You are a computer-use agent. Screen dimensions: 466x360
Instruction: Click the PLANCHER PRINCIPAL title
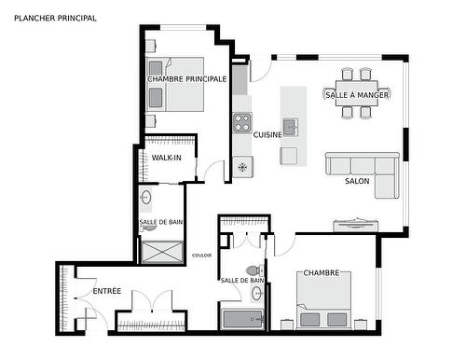tap(55, 18)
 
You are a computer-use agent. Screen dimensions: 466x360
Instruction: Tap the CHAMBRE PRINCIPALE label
tap(186, 79)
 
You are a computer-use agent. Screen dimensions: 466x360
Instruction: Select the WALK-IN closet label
tap(166, 158)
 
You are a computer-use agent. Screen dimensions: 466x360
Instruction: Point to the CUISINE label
tap(267, 134)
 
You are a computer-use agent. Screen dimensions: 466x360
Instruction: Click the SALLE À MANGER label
tap(357, 95)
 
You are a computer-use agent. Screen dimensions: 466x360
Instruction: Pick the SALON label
tap(357, 181)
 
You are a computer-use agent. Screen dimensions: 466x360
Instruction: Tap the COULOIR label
tap(201, 256)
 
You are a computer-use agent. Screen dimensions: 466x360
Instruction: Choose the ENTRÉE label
tap(107, 291)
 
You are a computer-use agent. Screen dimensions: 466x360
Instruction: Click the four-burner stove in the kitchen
tap(242, 123)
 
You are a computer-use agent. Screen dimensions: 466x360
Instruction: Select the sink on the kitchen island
tap(291, 127)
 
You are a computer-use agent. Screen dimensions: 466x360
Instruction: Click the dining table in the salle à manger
tap(357, 93)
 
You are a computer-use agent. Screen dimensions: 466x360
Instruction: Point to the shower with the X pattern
tap(162, 252)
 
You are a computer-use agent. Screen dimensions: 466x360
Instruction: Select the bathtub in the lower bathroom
tap(242, 319)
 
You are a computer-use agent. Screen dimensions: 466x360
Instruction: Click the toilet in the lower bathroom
tap(254, 270)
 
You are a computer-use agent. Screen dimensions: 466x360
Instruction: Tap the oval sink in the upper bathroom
tap(145, 197)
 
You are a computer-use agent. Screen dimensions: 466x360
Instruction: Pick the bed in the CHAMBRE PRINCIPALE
tap(175, 84)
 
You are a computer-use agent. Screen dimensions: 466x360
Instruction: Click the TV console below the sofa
tap(356, 226)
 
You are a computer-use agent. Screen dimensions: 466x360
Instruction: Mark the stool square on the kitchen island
tap(289, 156)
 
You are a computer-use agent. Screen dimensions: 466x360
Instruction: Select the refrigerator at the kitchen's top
tap(240, 79)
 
